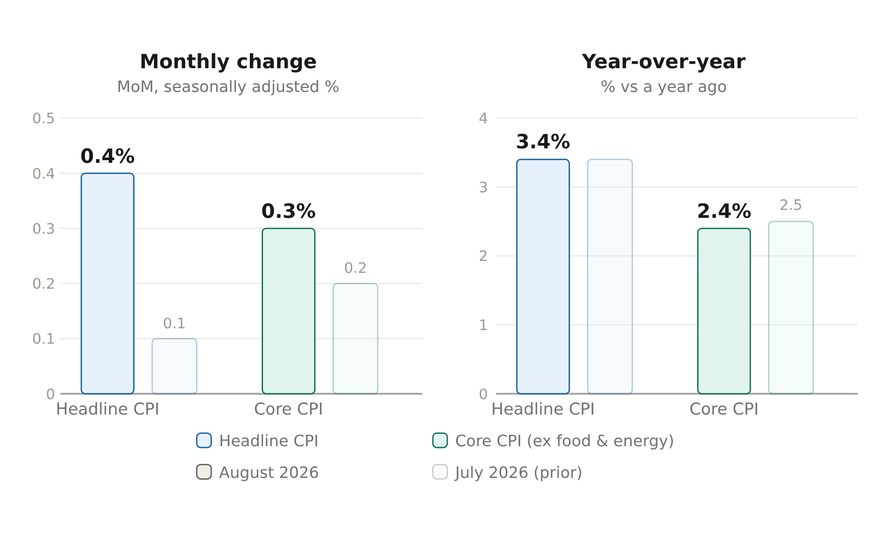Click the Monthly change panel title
tap(228, 62)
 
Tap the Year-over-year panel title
tap(663, 62)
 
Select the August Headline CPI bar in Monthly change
tap(107, 283)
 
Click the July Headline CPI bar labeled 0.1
tap(174, 366)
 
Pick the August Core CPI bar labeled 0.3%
tap(289, 311)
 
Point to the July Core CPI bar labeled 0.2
tap(355, 338)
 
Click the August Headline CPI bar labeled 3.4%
tap(543, 276)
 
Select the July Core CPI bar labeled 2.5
tap(791, 308)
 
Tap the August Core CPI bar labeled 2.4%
tap(724, 311)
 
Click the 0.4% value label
tap(107, 156)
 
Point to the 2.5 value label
tap(791, 205)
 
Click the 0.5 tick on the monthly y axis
tap(44, 118)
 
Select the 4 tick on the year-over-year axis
tap(483, 118)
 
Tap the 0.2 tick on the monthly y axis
tap(44, 284)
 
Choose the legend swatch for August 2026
tap(204, 472)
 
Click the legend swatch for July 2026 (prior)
tap(440, 472)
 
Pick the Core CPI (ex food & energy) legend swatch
tap(440, 441)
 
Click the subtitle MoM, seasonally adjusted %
tap(228, 87)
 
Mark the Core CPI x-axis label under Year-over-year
tap(724, 409)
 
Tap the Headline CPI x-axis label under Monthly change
tap(107, 409)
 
